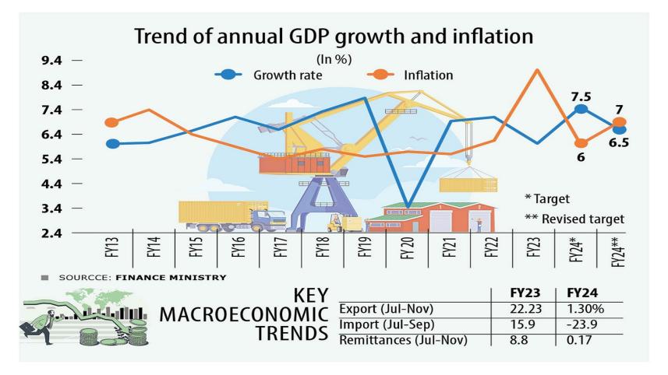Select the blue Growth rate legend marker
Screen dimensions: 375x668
(x=228, y=75)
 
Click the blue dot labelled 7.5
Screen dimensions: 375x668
(x=581, y=110)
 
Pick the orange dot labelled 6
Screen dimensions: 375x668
(x=581, y=143)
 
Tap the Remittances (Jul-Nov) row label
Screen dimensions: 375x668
(x=406, y=340)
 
